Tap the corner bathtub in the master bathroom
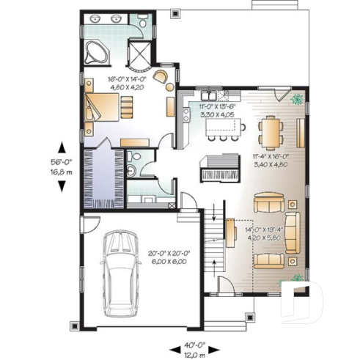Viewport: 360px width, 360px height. [x=96, y=52]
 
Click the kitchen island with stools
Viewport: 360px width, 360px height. [x=223, y=129]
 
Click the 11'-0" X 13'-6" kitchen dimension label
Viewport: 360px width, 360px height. [x=216, y=111]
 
